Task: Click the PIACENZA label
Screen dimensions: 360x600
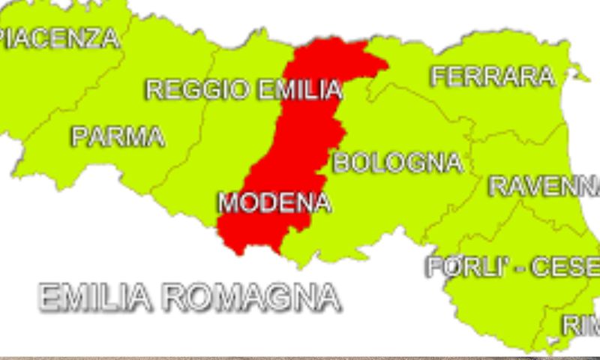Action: pos(60,37)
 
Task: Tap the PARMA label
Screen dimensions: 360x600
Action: pos(118,136)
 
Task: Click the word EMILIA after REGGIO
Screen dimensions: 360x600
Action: pos(299,90)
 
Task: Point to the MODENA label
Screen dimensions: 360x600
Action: pos(274,202)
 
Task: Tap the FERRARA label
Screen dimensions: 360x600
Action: pos(493,76)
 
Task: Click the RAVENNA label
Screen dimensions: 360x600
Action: pos(544,186)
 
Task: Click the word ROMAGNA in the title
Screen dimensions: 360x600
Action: pos(251,298)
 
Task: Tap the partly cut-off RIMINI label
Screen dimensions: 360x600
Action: pos(581,325)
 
